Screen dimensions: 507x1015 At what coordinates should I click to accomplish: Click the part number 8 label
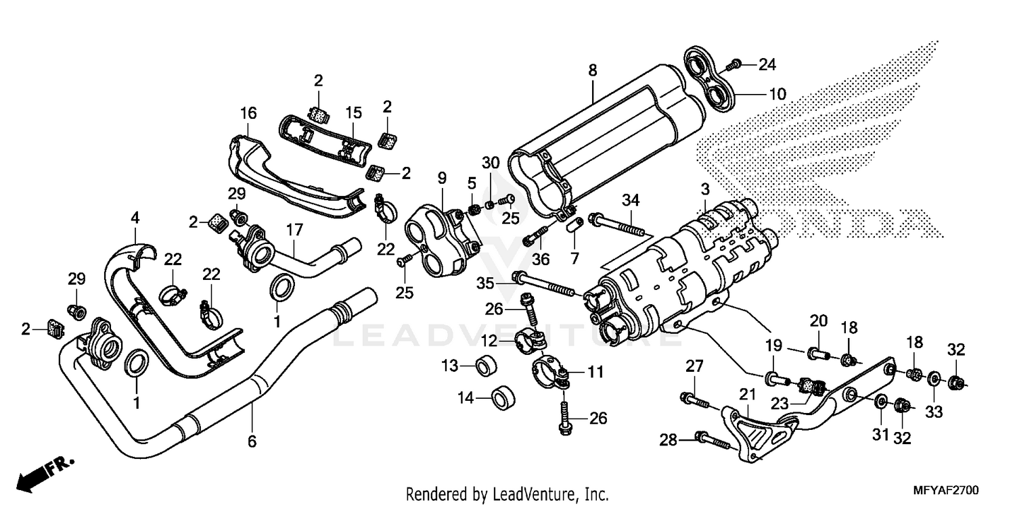(x=592, y=70)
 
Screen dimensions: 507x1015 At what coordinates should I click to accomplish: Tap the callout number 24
(x=767, y=65)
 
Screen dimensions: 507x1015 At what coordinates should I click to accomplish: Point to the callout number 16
(x=248, y=112)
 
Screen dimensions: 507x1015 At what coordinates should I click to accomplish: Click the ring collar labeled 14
(x=501, y=398)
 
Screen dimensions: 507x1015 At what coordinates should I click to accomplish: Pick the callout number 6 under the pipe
(x=252, y=442)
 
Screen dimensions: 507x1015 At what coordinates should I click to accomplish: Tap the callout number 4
(x=135, y=218)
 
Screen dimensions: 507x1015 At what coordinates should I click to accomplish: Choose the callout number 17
(x=294, y=231)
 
